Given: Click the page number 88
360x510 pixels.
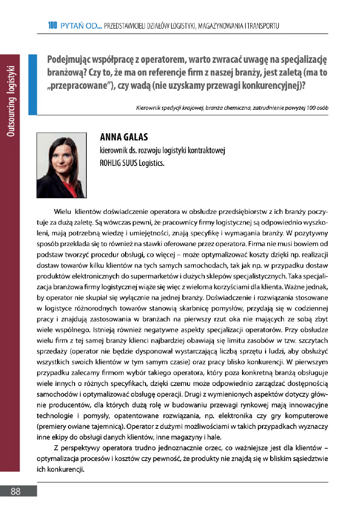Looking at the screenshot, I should [15, 491].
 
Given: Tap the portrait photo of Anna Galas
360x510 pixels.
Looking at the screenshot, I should [61, 165].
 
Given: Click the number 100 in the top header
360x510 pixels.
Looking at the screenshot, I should [52, 25].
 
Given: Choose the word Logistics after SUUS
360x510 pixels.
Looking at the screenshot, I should [151, 164].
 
